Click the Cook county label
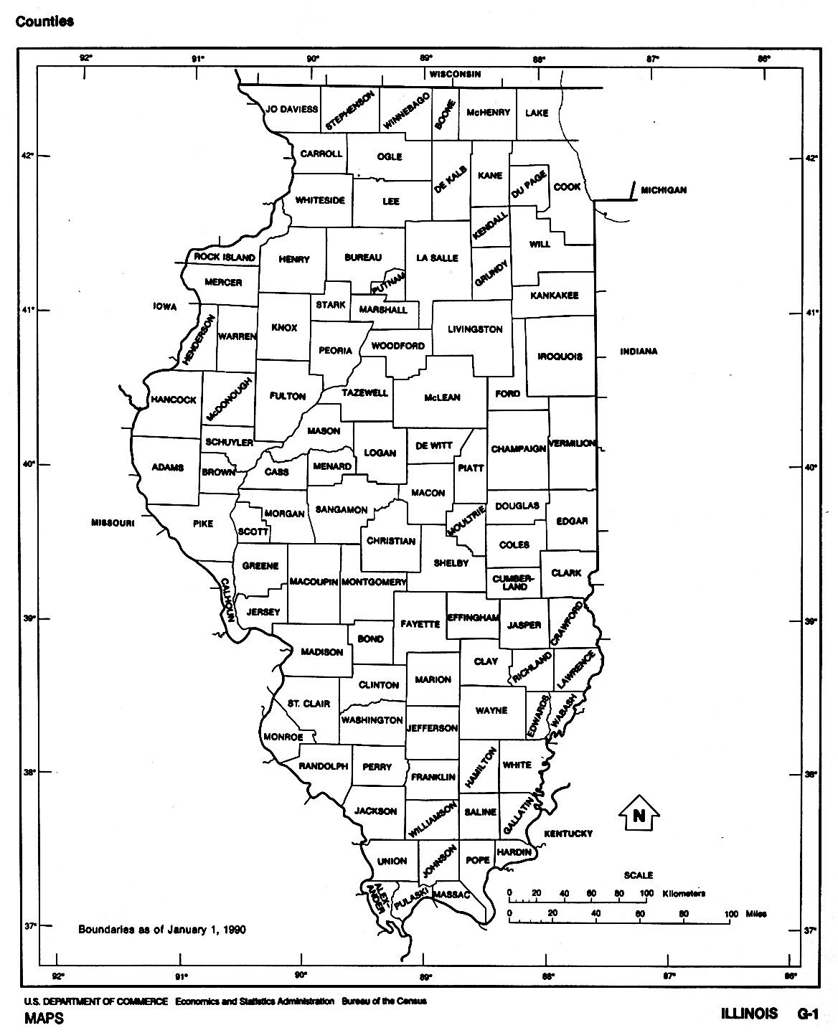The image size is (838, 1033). [567, 187]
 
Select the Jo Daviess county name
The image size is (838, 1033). [291, 110]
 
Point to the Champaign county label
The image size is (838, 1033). [518, 449]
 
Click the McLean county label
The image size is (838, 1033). [442, 397]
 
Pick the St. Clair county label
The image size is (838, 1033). [309, 704]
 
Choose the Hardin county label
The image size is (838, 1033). [514, 852]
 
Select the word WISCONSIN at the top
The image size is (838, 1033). [455, 75]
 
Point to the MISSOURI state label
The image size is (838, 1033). [113, 523]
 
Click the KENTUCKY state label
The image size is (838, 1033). [568, 834]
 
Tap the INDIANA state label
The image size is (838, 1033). [639, 352]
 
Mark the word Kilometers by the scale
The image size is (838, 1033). [684, 894]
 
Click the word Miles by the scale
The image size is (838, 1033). [756, 914]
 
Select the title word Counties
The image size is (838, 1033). [44, 22]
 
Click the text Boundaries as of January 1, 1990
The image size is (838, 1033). [162, 930]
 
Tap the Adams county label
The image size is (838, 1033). [168, 468]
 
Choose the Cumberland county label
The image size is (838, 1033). [514, 582]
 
